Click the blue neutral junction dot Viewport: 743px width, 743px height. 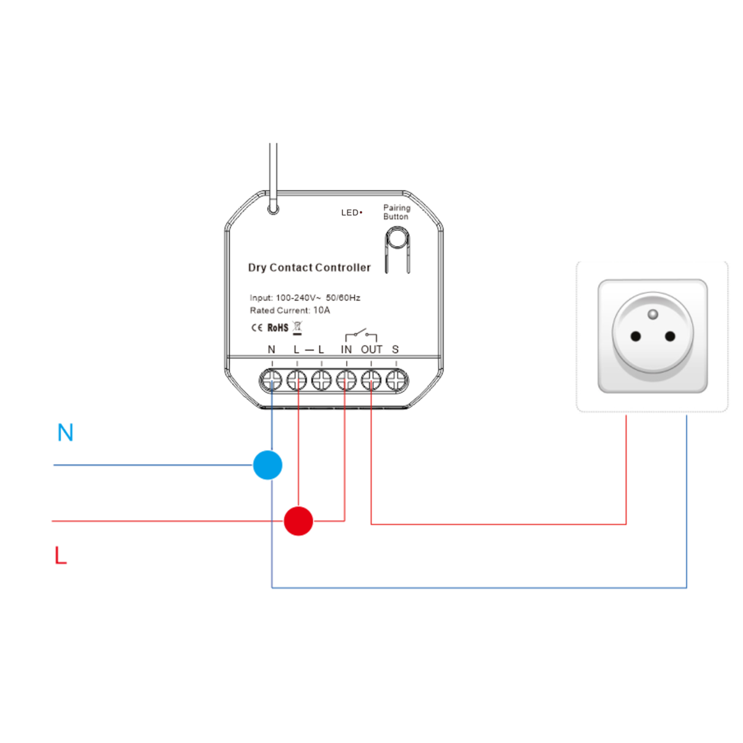(x=267, y=465)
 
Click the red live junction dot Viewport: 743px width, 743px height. (x=298, y=521)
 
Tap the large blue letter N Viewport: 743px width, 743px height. (x=65, y=432)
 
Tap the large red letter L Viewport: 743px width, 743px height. (x=60, y=555)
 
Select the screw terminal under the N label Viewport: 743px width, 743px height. (x=272, y=380)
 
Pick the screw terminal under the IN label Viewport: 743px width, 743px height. (x=346, y=380)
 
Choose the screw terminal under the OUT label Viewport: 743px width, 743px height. (x=371, y=380)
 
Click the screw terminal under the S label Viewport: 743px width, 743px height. (x=396, y=380)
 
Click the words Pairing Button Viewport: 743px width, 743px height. (x=396, y=212)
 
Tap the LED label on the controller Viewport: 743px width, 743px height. (x=350, y=212)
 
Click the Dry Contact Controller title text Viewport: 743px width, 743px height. (x=309, y=267)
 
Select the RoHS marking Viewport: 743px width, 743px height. (x=278, y=328)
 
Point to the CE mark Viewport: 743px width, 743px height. (x=256, y=328)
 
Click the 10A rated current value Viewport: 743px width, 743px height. (x=321, y=310)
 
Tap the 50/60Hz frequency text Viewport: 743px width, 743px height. (x=343, y=298)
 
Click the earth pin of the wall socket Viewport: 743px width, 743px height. (x=653, y=315)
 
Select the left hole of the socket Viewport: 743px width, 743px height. (x=635, y=337)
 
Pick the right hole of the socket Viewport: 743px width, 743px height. (x=670, y=337)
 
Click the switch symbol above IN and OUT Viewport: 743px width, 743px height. (x=361, y=335)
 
